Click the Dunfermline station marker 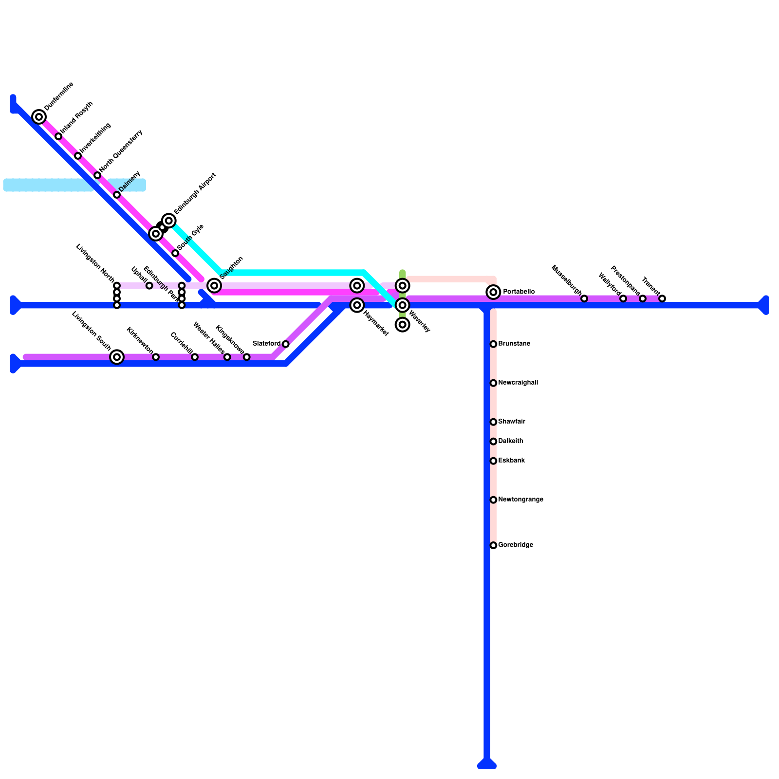click(x=39, y=117)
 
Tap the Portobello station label click(x=519, y=292)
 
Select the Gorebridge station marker click(x=493, y=545)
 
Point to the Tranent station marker click(x=662, y=298)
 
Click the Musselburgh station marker click(x=584, y=298)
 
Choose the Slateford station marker click(x=286, y=344)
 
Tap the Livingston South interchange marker click(x=117, y=357)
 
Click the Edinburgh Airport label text click(x=195, y=193)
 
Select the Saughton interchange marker click(x=214, y=286)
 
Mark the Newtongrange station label click(x=520, y=500)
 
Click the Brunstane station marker click(x=493, y=344)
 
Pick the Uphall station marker click(x=149, y=286)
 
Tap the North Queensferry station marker click(x=97, y=175)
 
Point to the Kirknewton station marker click(x=156, y=357)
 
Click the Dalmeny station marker click(x=117, y=195)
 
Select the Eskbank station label click(x=511, y=461)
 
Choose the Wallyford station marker click(x=623, y=298)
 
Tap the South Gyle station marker click(x=175, y=253)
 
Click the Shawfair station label click(x=511, y=422)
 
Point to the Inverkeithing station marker click(x=78, y=156)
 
